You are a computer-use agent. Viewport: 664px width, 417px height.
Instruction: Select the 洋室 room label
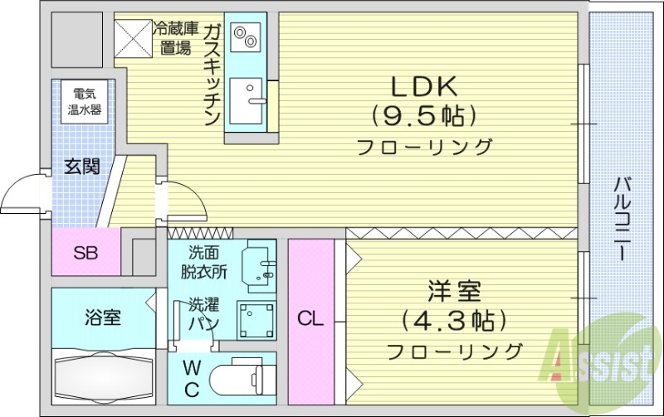pyautogui.click(x=454, y=292)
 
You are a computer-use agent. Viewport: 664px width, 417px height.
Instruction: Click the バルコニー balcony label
pyautogui.click(x=620, y=220)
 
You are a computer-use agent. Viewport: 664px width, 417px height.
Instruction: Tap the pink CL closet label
pyautogui.click(x=310, y=319)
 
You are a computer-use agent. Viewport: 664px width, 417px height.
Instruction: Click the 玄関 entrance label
pyautogui.click(x=82, y=167)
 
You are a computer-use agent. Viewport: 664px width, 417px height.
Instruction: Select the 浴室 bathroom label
pyautogui.click(x=102, y=317)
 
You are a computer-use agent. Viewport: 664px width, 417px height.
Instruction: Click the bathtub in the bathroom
pyautogui.click(x=103, y=376)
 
